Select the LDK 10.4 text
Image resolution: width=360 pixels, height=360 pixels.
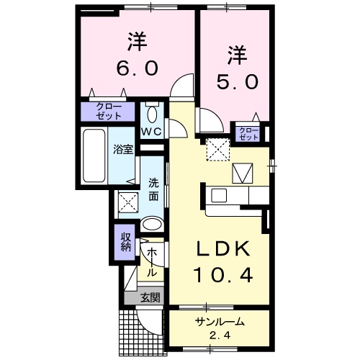224,262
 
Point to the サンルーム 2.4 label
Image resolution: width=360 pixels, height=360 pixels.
219,328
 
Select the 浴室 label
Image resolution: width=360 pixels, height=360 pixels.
123,150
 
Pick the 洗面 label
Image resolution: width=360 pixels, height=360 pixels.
153,189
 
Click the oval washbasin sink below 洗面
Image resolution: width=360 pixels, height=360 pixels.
152,225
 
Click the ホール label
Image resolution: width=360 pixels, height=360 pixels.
152,263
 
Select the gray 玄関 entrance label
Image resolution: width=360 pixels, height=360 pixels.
150,297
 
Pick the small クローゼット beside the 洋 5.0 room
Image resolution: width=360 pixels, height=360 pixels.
247,132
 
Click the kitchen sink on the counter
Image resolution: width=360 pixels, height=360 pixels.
218,195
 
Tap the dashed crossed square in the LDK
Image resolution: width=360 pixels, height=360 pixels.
216,150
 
